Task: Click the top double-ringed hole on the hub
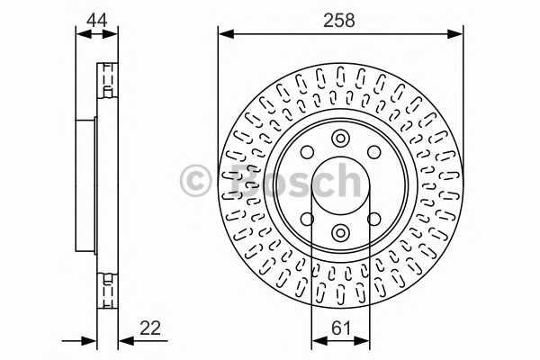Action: tap(340, 139)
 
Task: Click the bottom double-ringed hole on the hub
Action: tap(340, 232)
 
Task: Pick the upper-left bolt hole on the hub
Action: tap(307, 152)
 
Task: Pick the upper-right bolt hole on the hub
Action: tap(374, 152)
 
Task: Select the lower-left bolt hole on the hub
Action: tap(307, 220)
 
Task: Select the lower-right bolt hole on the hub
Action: tap(374, 220)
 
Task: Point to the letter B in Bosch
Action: tap(236, 180)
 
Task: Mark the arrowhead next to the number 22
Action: tap(124, 341)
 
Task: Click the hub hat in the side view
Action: tap(86, 185)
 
